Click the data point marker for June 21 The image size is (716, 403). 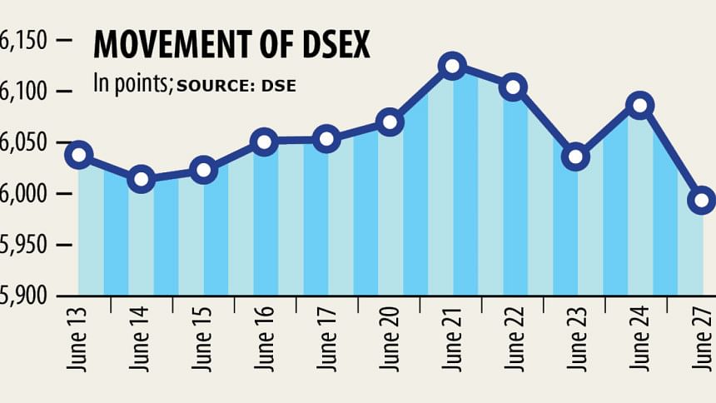coord(452,65)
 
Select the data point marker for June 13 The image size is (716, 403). coord(79,154)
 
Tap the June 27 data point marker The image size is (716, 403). coord(701,199)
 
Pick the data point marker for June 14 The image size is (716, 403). coord(142,178)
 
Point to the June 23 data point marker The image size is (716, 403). coord(576,157)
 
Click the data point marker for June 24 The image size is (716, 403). coord(639,105)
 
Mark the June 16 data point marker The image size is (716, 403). coord(265,142)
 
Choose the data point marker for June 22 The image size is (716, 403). coord(514,87)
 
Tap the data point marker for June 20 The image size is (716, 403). coord(390,122)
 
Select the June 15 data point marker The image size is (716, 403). coord(203,170)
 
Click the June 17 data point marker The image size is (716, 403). coord(327,139)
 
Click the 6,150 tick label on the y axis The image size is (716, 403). coord(25,40)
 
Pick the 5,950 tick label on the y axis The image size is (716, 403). coord(25,246)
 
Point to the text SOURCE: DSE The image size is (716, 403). coord(236,85)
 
